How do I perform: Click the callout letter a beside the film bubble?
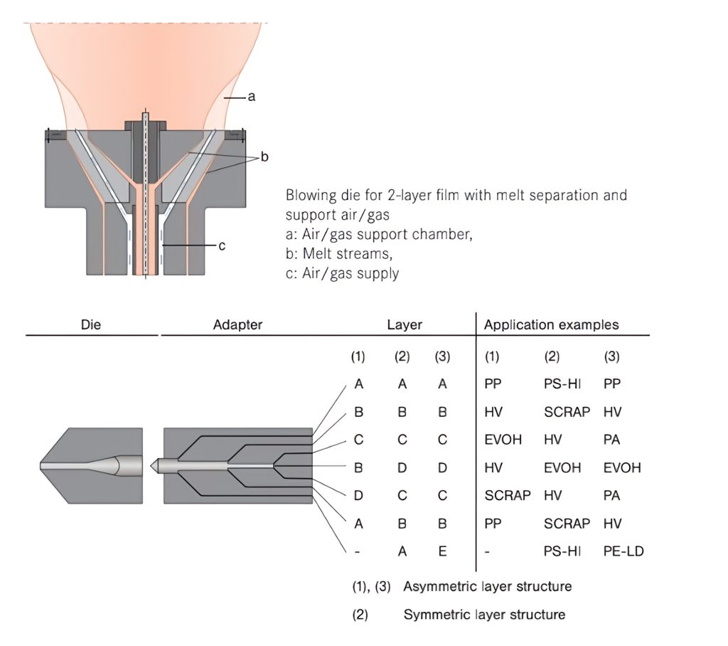point(251,97)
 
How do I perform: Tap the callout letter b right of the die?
point(264,157)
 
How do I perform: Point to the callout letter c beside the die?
point(222,245)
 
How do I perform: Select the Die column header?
point(91,325)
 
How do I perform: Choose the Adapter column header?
point(237,325)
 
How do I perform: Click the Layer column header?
point(404,325)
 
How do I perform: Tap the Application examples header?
point(551,325)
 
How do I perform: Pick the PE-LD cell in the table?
point(622,551)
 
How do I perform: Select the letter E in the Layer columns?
point(442,551)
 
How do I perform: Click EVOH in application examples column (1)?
point(503,440)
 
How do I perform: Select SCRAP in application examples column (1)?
point(507,495)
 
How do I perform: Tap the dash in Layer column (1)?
point(358,551)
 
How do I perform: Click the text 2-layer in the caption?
point(399,195)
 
